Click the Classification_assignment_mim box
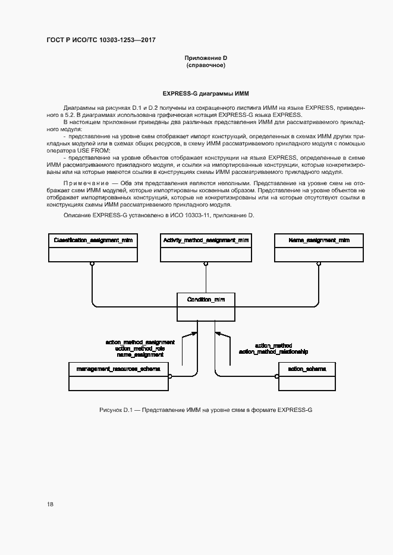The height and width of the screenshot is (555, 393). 92,247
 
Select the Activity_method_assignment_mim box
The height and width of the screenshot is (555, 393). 206,247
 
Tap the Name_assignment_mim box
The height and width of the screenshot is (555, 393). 319,247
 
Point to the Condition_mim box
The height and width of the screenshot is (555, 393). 206,307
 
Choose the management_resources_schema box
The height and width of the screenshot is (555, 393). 120,376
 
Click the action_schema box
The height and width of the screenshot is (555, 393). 307,376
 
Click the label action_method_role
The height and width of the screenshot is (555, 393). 140,348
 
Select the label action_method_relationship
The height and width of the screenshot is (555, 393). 273,351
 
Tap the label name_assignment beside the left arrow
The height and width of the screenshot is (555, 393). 140,354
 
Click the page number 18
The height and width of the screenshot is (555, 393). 51,504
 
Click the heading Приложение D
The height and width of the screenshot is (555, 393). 206,58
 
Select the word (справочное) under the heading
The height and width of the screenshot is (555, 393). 206,65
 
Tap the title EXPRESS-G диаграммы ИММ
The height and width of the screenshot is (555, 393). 206,94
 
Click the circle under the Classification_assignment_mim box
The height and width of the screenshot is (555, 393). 92,263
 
